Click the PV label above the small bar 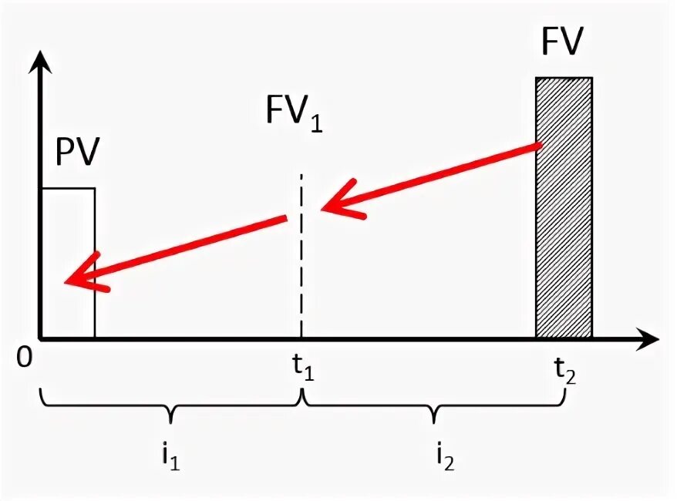click(78, 152)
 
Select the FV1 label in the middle click(293, 116)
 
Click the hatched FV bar click(564, 208)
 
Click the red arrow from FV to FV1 click(432, 177)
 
